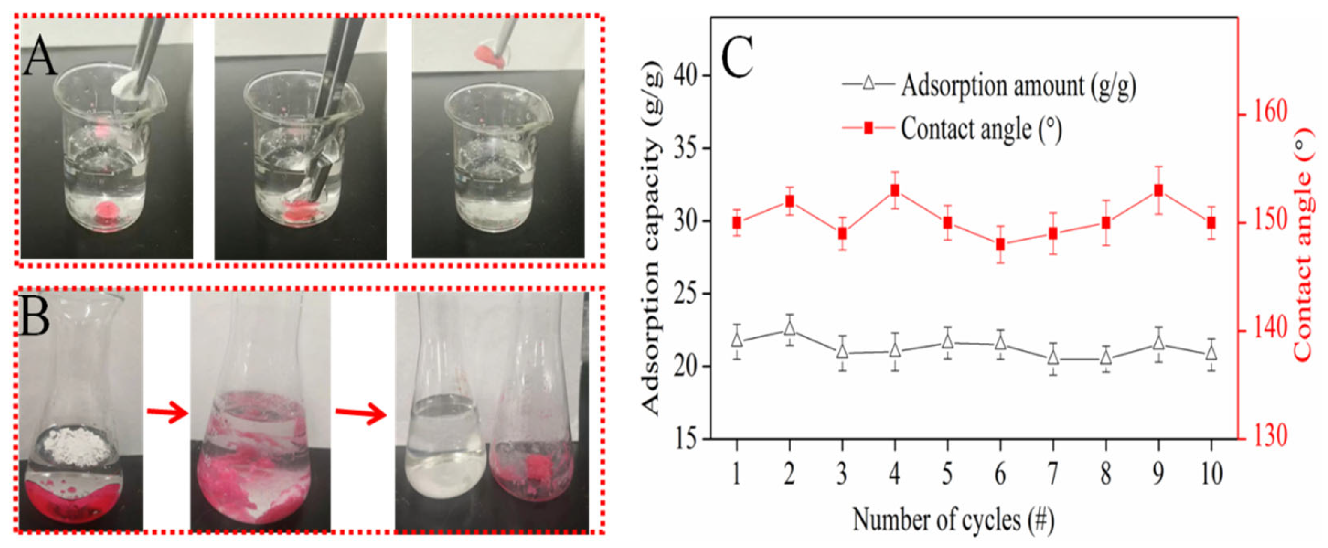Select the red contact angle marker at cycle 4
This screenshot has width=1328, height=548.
click(894, 191)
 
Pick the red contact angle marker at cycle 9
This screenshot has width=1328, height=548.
click(1158, 191)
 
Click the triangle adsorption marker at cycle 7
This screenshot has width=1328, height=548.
click(1053, 357)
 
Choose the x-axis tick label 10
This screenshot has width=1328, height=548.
click(1211, 474)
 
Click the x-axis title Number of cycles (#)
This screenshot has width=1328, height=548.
click(954, 520)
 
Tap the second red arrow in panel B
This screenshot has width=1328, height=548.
click(361, 414)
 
